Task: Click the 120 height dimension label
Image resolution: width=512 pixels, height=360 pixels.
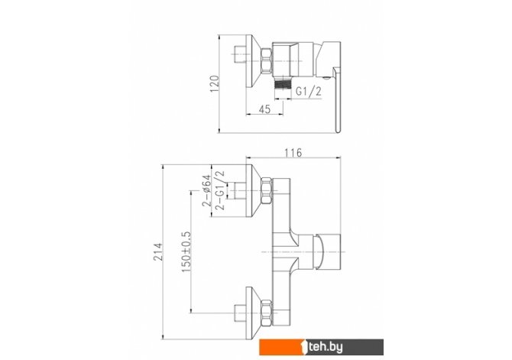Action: pyautogui.click(x=214, y=83)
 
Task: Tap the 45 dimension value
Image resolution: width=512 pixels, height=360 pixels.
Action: pyautogui.click(x=265, y=109)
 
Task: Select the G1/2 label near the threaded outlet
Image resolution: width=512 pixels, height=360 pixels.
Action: pyautogui.click(x=308, y=91)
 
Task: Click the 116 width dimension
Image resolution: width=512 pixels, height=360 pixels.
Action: pyautogui.click(x=293, y=153)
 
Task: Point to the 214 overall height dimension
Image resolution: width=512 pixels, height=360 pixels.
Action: pyautogui.click(x=158, y=251)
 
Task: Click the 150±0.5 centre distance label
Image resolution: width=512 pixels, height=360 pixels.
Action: pyautogui.click(x=186, y=252)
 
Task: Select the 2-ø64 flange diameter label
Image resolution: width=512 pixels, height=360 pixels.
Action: pyautogui.click(x=206, y=191)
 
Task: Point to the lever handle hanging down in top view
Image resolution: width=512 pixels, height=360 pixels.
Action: pyautogui.click(x=337, y=99)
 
